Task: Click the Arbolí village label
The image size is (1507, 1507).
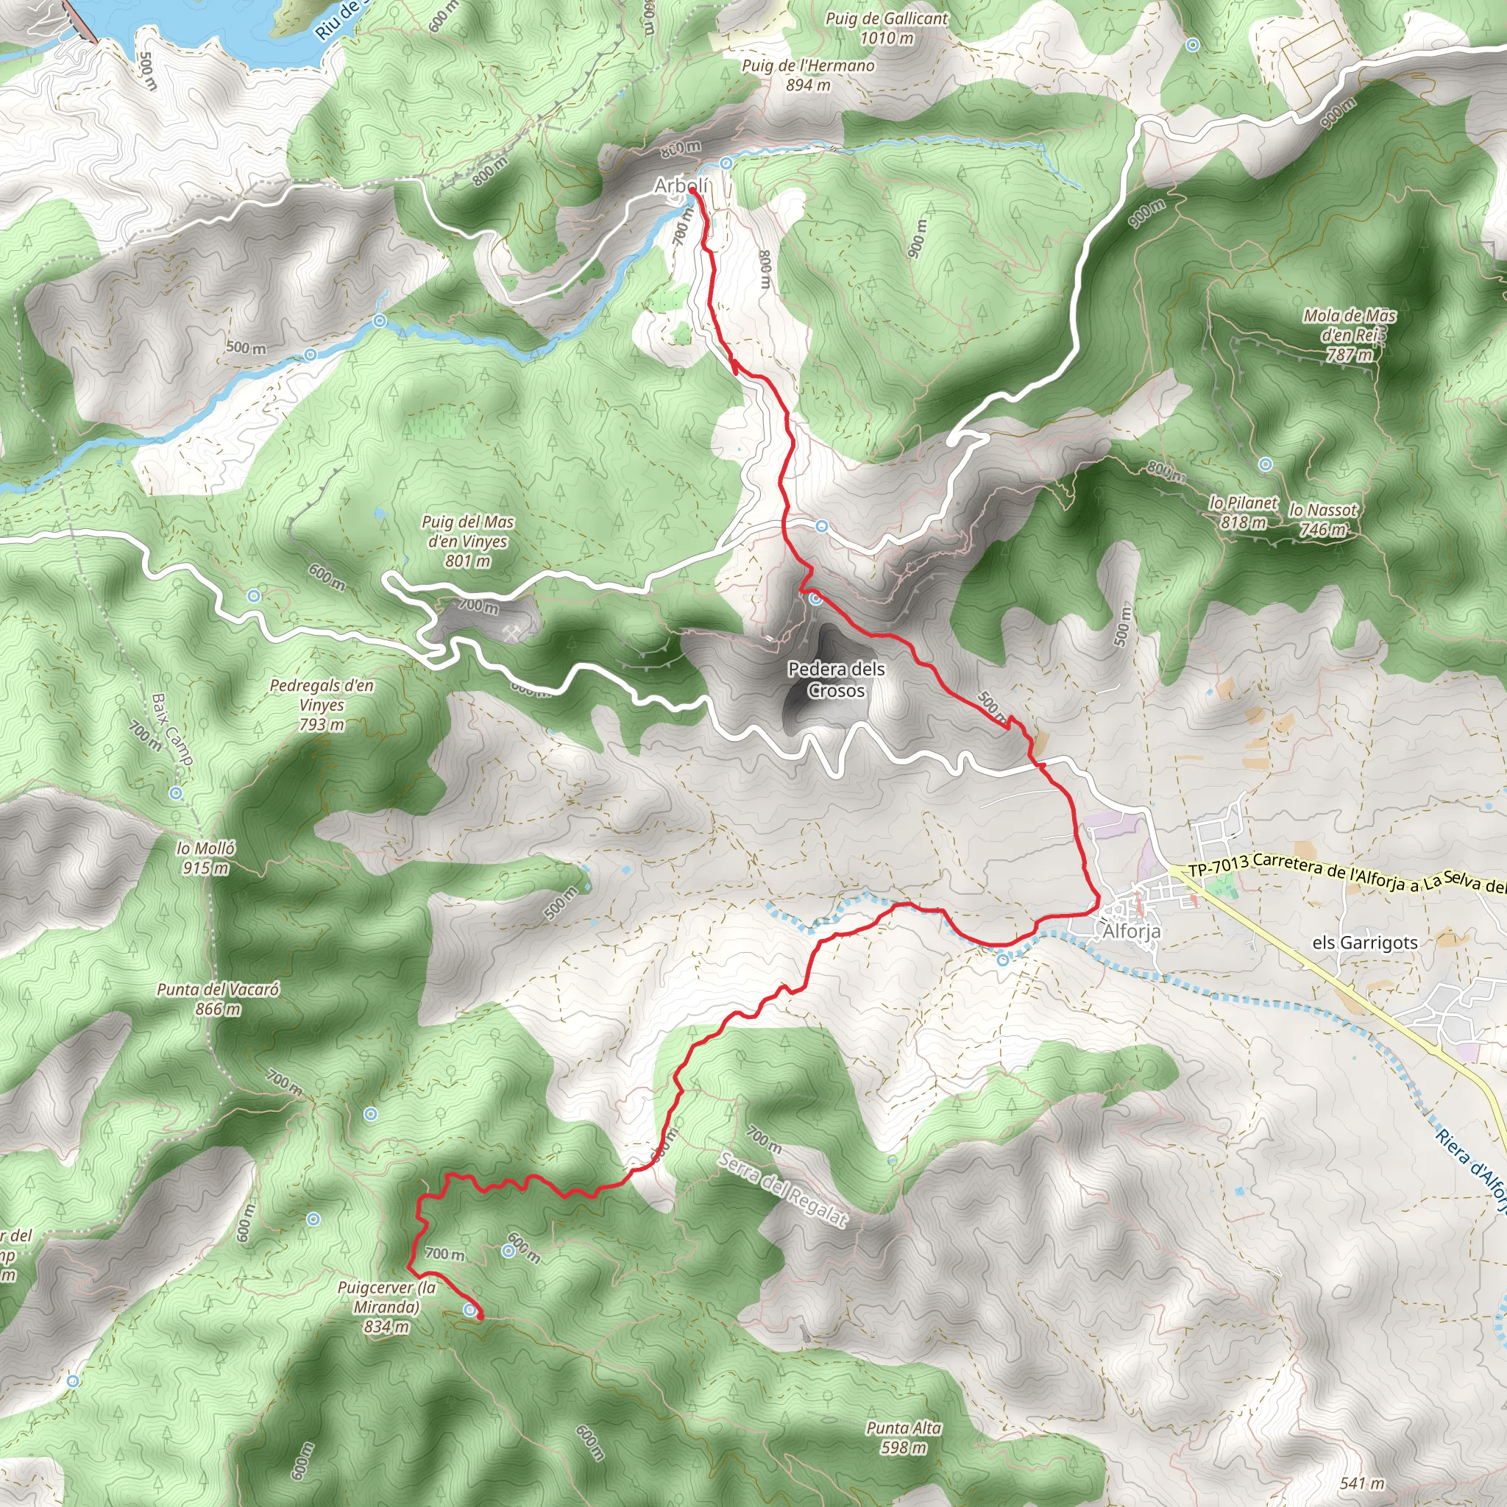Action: pos(681,185)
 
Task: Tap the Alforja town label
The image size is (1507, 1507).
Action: pos(1131,932)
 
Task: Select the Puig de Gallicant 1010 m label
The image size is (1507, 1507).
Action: pos(887,28)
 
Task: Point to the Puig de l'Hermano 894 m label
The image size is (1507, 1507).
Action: pos(808,75)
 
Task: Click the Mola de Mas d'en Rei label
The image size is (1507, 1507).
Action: pos(1350,335)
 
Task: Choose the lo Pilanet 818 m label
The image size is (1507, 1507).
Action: pos(1244,512)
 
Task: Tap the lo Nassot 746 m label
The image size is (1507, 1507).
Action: pos(1323,520)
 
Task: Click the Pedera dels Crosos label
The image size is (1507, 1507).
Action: pos(836,679)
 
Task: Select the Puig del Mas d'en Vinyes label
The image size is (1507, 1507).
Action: pos(468,541)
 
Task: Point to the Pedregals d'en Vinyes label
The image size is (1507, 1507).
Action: pos(322,704)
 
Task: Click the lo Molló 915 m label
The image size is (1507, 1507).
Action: pos(206,857)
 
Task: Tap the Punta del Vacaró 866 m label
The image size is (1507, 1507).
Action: pos(218,999)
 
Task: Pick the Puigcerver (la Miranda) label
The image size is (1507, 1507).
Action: pos(386,1307)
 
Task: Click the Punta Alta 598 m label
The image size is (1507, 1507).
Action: pos(904,1438)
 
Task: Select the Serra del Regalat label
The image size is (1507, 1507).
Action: pos(782,1191)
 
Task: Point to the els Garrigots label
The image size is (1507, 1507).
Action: pos(1364,943)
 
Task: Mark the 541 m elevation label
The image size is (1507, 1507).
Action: pos(1362,1483)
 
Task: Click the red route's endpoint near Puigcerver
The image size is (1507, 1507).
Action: pos(480,1316)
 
